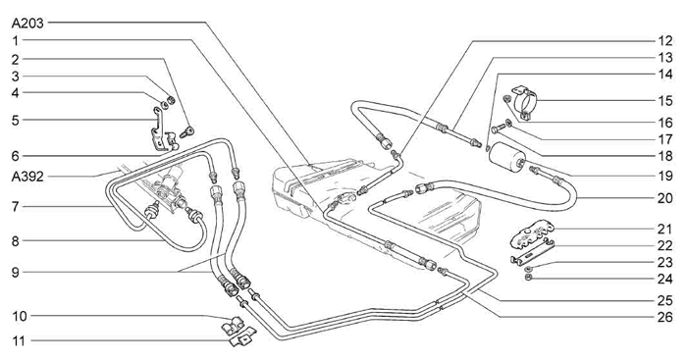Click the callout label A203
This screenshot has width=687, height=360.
click(x=27, y=24)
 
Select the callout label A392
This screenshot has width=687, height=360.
click(x=27, y=177)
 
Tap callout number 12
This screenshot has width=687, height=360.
click(x=664, y=41)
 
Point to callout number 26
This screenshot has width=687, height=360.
click(x=664, y=317)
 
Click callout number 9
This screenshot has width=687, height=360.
click(x=16, y=273)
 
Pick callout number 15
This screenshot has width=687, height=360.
click(x=665, y=101)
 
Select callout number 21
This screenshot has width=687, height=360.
click(x=664, y=229)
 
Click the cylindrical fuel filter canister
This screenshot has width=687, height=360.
click(x=507, y=157)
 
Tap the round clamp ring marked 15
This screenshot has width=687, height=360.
click(x=524, y=102)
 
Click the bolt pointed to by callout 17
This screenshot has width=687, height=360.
click(x=499, y=129)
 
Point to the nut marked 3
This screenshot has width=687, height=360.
click(x=172, y=101)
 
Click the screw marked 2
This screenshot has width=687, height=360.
click(x=186, y=131)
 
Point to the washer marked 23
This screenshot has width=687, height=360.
click(x=528, y=268)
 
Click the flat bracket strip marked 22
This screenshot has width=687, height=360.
click(x=532, y=252)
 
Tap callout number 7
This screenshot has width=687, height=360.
click(x=16, y=206)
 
